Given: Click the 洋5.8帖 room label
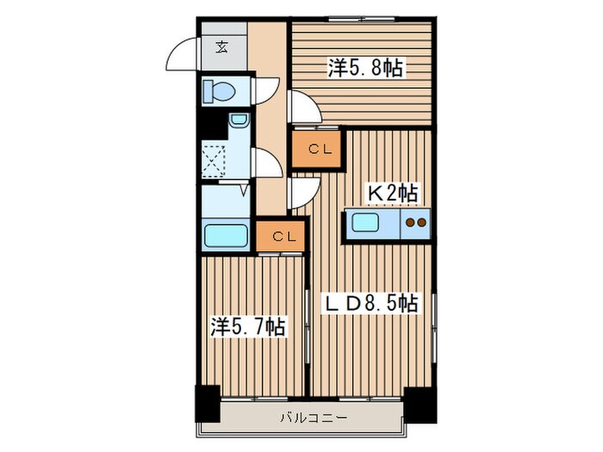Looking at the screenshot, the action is [x=365, y=68].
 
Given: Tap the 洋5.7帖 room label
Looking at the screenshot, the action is [x=248, y=327].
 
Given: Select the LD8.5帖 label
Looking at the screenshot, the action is [x=370, y=304].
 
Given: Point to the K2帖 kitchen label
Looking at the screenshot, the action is [x=393, y=194].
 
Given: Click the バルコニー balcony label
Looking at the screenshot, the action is [x=314, y=418].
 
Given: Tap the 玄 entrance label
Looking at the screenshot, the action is [x=221, y=46].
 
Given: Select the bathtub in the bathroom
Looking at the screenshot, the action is [x=226, y=236].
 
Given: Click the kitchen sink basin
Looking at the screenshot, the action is [x=365, y=222].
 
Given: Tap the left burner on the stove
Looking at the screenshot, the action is [x=411, y=222].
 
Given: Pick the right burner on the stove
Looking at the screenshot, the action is [x=421, y=222].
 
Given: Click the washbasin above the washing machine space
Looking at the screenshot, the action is [x=239, y=120].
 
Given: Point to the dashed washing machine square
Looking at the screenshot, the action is [x=214, y=162].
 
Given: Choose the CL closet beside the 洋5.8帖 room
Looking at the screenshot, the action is [x=316, y=149].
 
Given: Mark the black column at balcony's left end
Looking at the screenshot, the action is [x=208, y=404].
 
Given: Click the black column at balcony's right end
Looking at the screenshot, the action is [x=420, y=406].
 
